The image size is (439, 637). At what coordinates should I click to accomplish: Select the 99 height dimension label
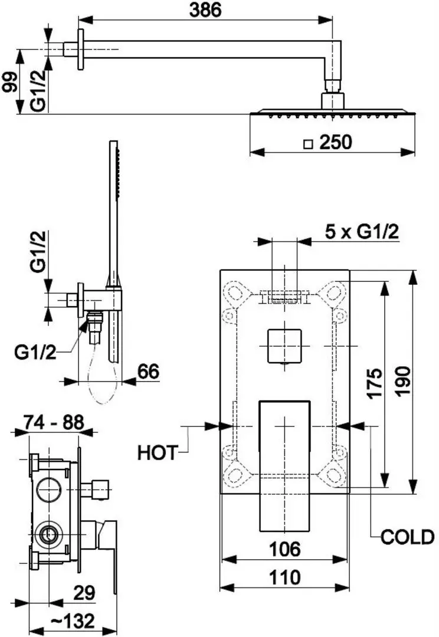tap(9, 80)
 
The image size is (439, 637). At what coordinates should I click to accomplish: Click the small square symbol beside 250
tap(307, 143)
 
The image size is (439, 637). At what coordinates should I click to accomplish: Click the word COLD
tap(407, 537)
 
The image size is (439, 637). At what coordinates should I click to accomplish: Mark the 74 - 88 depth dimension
tap(54, 422)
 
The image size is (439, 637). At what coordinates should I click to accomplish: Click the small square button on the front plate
tap(284, 345)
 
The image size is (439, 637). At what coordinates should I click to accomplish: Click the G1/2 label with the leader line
tap(35, 352)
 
